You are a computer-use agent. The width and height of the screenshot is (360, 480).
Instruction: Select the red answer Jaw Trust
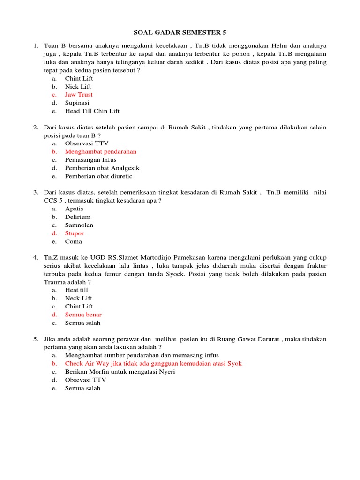[x=79, y=95]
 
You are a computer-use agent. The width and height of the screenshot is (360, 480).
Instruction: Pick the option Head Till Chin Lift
[x=92, y=111]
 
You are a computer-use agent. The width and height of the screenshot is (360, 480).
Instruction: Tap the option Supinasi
[x=77, y=103]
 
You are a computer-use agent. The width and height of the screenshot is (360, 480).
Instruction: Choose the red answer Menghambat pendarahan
[x=100, y=152]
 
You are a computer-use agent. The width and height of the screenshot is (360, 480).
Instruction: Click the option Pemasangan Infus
[x=90, y=160]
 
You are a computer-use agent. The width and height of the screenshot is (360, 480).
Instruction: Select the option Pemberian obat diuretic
[x=98, y=176]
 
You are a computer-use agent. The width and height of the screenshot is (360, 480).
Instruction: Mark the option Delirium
[x=78, y=217]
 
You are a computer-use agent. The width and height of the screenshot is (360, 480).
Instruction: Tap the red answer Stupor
[x=75, y=233]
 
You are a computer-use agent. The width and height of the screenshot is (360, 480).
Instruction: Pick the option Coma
[x=73, y=242]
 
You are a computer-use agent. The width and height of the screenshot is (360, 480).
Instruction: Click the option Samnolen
[x=79, y=225]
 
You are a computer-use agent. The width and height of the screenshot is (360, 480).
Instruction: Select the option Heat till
[x=76, y=290]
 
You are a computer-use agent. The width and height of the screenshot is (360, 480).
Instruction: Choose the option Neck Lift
[x=78, y=298]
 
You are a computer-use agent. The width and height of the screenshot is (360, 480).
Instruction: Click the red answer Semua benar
[x=83, y=315]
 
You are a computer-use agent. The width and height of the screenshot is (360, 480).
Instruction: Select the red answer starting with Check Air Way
[x=153, y=364]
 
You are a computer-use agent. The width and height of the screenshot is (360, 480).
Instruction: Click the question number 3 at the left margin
[x=35, y=192]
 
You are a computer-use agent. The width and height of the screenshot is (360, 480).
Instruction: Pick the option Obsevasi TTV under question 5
[x=85, y=380]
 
